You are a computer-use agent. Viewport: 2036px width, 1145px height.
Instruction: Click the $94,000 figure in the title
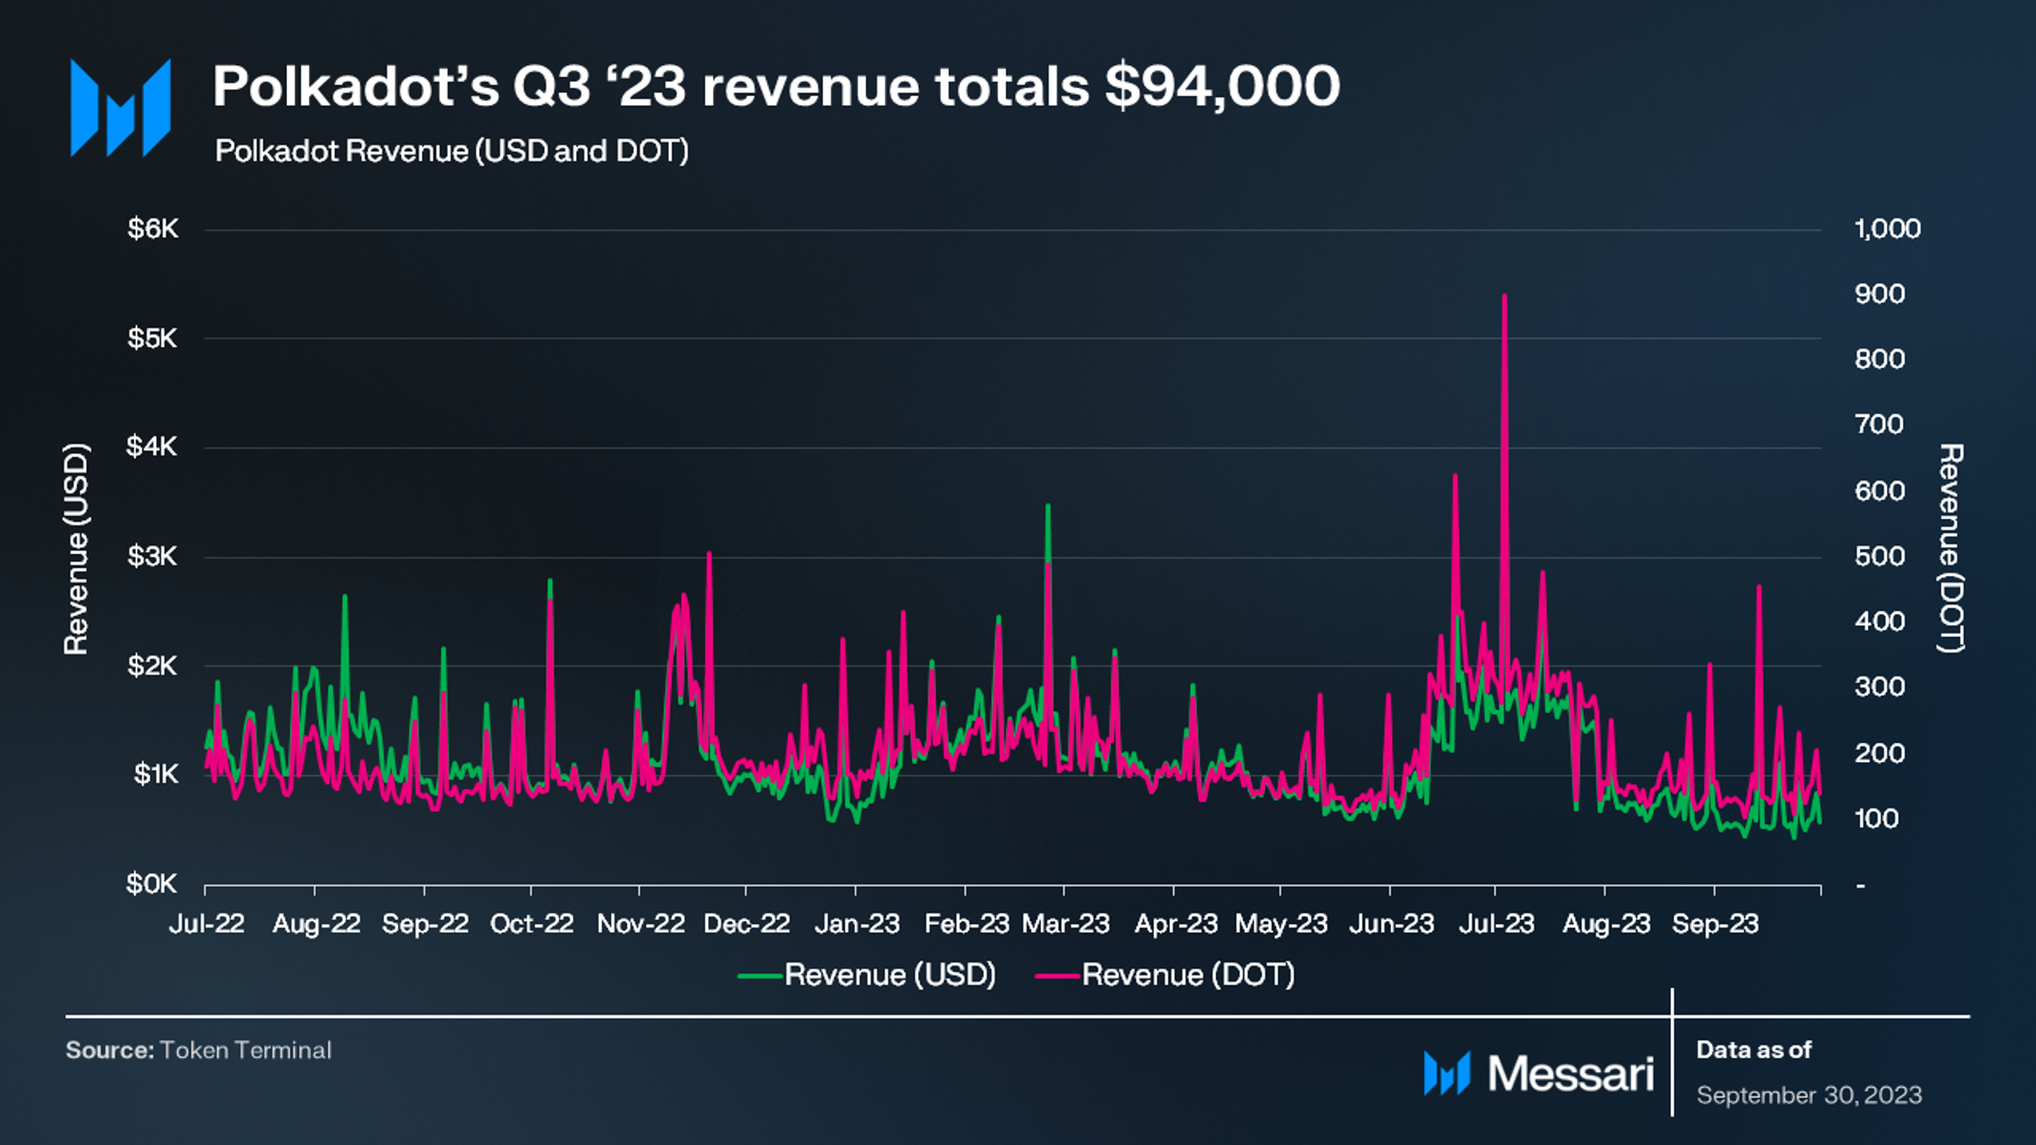pos(1222,87)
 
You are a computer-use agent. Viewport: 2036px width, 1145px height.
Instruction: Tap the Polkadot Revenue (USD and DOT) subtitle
pos(451,151)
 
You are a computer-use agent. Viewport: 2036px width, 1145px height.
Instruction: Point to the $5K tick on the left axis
pos(152,338)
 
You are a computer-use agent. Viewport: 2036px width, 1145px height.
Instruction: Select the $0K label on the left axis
pos(152,885)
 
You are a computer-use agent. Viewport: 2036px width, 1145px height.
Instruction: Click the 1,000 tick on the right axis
pos(1888,229)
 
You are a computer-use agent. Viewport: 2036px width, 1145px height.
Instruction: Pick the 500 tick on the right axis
pos(1880,557)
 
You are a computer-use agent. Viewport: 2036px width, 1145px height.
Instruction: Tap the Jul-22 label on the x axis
pos(206,924)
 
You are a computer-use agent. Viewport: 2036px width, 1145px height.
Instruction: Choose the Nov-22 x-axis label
pos(641,924)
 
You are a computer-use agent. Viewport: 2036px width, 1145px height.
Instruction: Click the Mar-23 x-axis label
pos(1066,924)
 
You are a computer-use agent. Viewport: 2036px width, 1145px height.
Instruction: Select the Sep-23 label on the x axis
pos(1716,924)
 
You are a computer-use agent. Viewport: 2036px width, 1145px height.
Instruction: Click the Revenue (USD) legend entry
pos(867,975)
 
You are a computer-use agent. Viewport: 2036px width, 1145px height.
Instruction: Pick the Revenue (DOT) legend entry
pos(1165,975)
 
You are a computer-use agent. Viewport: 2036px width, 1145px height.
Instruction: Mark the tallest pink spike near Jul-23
pos(1504,296)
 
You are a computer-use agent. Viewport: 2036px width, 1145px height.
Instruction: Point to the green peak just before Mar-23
pos(1047,506)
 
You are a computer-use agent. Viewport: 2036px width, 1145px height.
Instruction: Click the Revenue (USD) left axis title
pos(76,549)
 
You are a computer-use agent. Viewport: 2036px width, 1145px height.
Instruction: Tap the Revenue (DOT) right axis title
pos(1950,548)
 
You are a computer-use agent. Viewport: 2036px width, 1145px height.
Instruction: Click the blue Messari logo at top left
pos(121,107)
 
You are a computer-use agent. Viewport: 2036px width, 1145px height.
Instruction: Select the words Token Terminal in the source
pos(245,1050)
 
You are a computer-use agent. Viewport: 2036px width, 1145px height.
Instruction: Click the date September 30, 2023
pos(1810,1096)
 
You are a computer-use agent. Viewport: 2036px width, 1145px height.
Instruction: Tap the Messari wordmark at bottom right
pos(1571,1074)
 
